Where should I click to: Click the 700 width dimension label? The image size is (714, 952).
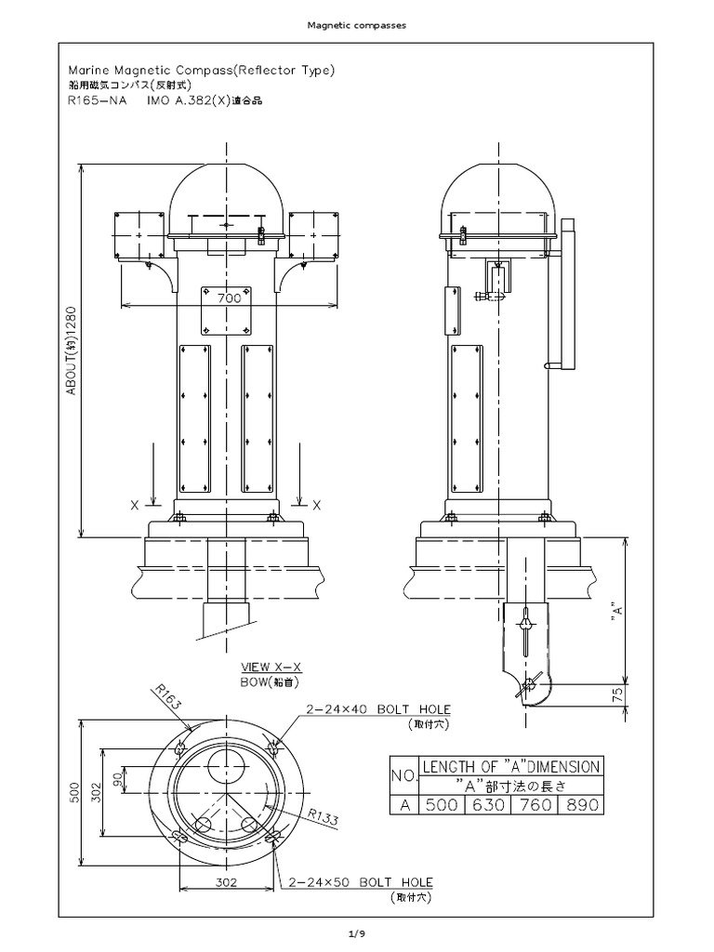(x=229, y=298)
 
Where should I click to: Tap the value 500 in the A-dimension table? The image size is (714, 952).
(x=441, y=805)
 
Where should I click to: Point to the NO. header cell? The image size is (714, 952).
(x=403, y=774)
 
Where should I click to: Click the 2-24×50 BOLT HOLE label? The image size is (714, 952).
(x=361, y=881)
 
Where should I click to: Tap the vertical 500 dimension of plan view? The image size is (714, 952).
(x=75, y=790)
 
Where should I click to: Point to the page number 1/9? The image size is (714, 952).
(x=356, y=932)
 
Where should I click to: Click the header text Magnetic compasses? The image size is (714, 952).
(x=356, y=25)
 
